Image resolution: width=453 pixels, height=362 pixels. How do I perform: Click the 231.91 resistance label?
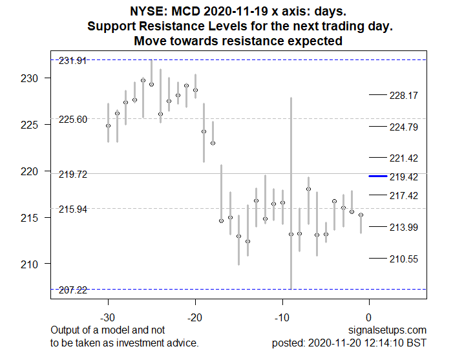tap(72, 61)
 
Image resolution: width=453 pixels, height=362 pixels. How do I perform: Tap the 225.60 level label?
tap(72, 120)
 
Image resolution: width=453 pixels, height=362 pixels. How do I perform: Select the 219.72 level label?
tap(72, 175)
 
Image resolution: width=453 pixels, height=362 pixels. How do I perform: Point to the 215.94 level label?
tap(72, 209)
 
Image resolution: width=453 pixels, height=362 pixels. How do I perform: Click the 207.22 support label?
tap(72, 290)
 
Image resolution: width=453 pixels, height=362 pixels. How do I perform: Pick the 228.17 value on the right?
tap(404, 95)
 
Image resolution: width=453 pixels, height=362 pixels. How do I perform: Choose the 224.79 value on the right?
tap(404, 127)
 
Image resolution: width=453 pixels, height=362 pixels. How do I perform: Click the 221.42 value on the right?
tap(404, 158)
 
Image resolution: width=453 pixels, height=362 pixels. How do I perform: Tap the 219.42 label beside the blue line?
tap(404, 176)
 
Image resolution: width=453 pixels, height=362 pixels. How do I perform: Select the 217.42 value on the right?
tap(404, 195)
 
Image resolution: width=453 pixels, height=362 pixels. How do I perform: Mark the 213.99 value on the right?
tap(404, 227)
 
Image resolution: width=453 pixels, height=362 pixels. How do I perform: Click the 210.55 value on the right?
tap(404, 259)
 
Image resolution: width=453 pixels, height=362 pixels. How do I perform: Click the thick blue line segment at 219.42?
tap(377, 176)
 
